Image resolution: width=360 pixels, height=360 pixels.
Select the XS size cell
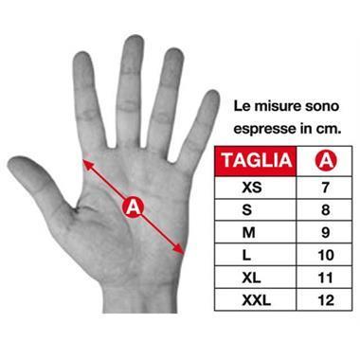(x=256, y=188)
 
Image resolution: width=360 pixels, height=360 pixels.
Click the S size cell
(x=256, y=210)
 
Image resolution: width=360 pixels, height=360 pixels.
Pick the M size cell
(x=256, y=233)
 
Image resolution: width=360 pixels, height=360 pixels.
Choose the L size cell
(x=256, y=256)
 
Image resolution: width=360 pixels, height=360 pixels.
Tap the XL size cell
(x=256, y=279)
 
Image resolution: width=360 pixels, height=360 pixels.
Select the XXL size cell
(x=256, y=301)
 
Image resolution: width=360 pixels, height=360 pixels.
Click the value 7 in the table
(x=325, y=188)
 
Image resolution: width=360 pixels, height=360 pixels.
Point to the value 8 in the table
(x=325, y=210)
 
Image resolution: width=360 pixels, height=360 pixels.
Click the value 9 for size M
(x=325, y=233)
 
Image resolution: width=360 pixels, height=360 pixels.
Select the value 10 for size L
(x=325, y=256)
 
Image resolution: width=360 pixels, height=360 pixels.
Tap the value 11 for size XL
(x=325, y=279)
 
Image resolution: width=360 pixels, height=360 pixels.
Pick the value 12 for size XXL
(x=325, y=301)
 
